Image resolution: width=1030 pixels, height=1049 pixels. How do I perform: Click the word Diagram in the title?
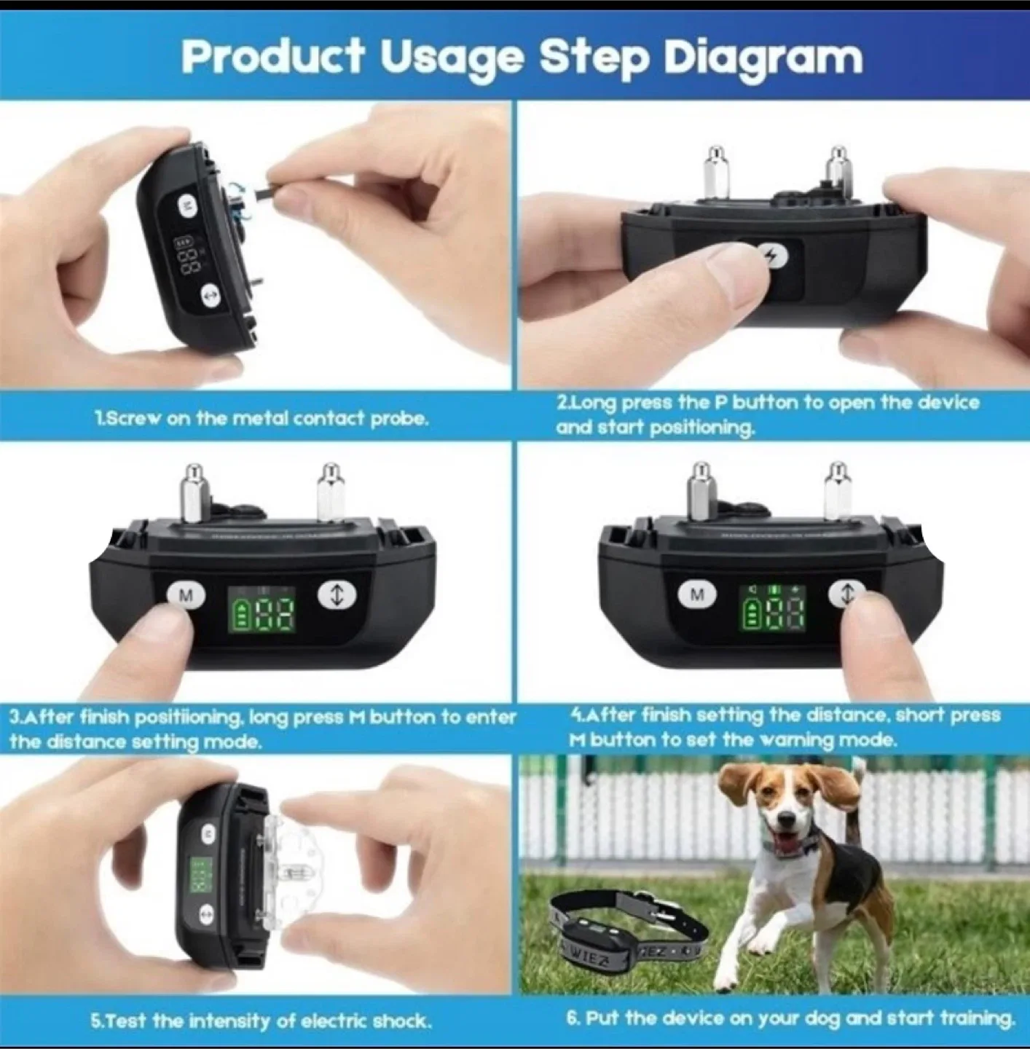point(763,57)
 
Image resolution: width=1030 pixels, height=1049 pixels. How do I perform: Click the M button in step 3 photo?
point(186,595)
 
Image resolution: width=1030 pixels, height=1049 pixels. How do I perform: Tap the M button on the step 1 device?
point(188,206)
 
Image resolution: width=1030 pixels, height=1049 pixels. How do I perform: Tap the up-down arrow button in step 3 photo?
point(337,594)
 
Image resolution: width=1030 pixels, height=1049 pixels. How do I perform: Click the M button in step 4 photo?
point(697,595)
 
